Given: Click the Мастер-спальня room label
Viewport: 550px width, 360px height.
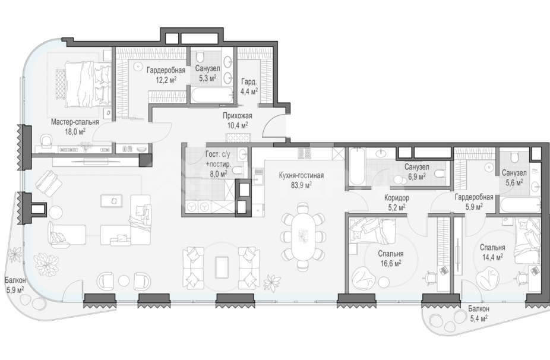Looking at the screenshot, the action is tap(75, 122).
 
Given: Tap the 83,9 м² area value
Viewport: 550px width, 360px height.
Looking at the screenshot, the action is tap(301, 185).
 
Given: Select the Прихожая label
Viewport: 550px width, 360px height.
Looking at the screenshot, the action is tap(238, 115).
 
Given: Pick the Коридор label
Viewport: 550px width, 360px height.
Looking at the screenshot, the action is tap(396, 198).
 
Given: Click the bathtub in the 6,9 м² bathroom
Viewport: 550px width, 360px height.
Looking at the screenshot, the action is tap(357, 166).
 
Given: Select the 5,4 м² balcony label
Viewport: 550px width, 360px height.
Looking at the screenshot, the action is tap(479, 314).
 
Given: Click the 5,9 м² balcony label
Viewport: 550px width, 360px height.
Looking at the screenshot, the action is tap(15, 285).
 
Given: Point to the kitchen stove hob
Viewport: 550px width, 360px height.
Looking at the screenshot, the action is tap(303, 153).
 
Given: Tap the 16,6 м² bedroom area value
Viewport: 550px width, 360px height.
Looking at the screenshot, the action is tap(390, 263).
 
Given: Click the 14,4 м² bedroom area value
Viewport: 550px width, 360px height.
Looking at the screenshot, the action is tap(492, 257).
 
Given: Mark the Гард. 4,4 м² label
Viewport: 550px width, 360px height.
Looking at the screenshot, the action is tap(249, 87).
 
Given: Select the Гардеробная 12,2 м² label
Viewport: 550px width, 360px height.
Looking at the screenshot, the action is tap(166, 75).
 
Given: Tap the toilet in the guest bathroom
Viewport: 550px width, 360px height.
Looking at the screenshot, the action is tap(238, 171).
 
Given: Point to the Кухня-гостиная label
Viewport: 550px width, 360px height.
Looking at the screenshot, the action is tap(301, 175).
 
